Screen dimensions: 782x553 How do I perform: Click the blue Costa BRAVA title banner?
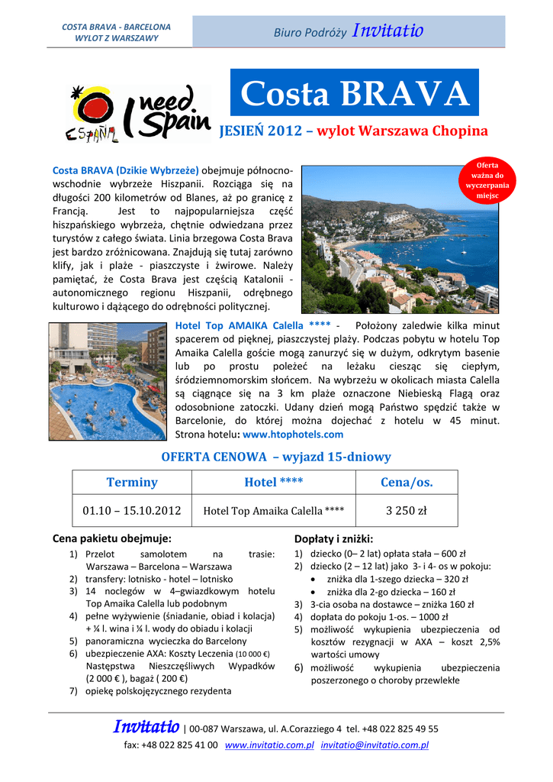coord(355,93)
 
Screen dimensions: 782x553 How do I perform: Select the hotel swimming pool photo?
coord(108,381)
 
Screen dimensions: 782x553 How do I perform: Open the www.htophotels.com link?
coord(292,434)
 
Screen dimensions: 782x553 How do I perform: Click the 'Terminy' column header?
coord(132,482)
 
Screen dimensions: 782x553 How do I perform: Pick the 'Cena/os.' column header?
coord(406,482)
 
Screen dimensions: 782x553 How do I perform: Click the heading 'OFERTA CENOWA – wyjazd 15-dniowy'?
coord(276,457)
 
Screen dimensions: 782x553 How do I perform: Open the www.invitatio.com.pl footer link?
coord(270,745)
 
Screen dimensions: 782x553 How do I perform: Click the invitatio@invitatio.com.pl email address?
coord(375,745)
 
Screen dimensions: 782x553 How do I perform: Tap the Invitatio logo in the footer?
coord(146,727)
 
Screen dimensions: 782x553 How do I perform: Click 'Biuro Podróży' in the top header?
coord(310,32)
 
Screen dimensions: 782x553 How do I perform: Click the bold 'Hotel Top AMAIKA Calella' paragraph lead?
coord(240,325)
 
